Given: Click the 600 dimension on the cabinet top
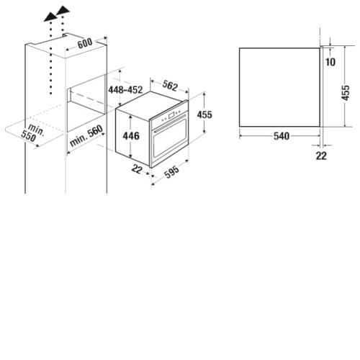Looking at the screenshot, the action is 85,43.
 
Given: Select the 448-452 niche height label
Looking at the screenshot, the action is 125,90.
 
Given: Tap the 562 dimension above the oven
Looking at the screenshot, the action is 170,86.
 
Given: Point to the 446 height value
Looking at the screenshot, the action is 131,136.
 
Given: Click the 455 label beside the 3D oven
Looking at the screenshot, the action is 204,114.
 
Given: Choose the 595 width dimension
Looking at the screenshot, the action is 172,171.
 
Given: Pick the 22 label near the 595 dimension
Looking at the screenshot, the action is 137,169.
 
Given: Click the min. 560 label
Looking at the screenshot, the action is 86,136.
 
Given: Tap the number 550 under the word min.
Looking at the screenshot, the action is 29,136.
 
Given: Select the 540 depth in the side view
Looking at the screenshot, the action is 282,136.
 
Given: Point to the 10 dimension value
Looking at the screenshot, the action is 330,62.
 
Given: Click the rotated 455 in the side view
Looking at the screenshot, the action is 346,93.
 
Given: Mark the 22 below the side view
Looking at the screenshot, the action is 321,156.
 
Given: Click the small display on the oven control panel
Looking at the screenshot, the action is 171,116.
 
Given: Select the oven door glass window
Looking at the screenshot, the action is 170,139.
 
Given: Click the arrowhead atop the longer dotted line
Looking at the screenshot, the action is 50,17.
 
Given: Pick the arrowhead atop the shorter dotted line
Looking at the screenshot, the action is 63,10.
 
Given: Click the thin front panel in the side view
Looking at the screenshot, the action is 322,86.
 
